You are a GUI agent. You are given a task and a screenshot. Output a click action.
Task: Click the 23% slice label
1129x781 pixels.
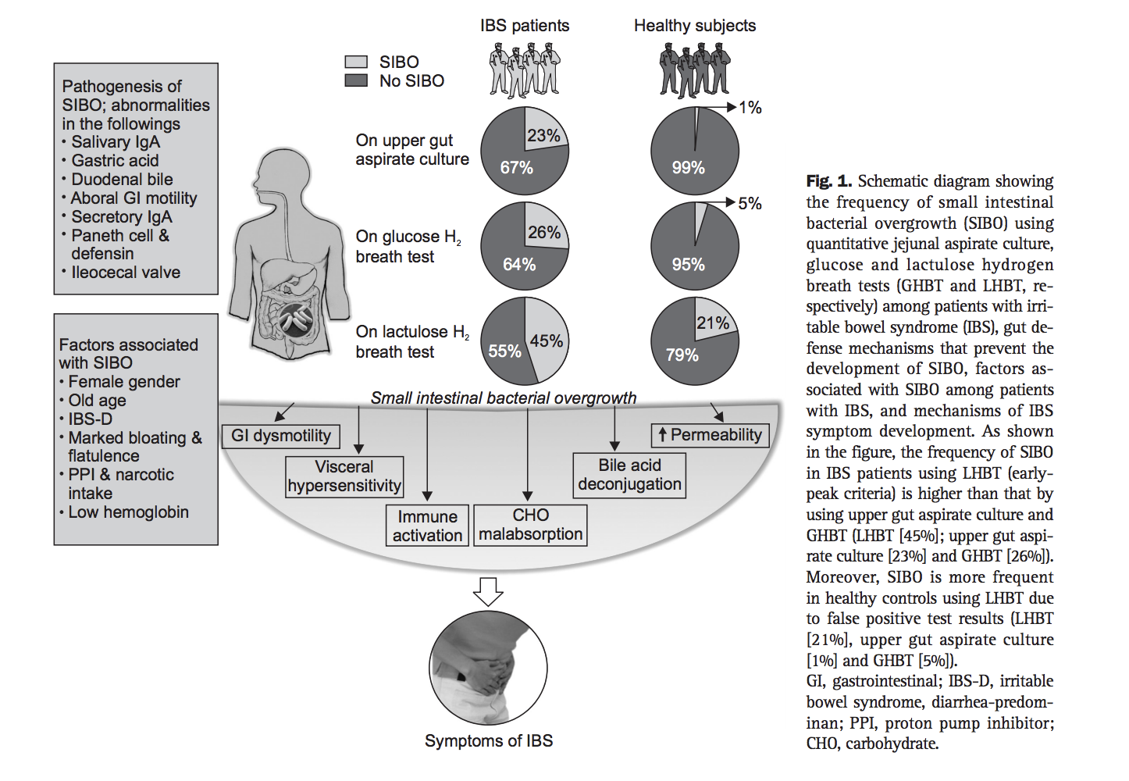tap(543, 135)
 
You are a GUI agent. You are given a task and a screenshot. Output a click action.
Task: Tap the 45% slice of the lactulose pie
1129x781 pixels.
tap(547, 341)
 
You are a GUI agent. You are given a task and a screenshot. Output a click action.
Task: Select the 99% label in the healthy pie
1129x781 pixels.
tap(688, 167)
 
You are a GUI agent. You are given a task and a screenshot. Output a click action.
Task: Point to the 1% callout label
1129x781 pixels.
tap(750, 108)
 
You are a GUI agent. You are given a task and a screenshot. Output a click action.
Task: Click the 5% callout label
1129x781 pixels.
tap(750, 204)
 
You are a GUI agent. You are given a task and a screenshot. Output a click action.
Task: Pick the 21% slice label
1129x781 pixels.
tap(713, 323)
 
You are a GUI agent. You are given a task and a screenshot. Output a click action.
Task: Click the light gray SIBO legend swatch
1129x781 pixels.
tap(356, 62)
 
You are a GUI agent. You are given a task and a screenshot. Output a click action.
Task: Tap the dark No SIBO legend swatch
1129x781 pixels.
tap(356, 80)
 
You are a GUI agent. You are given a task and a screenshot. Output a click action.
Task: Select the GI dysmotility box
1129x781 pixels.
tap(281, 436)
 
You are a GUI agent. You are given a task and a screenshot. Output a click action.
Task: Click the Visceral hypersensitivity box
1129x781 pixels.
tap(344, 476)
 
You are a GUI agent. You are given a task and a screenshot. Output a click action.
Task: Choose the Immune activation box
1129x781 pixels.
tap(427, 526)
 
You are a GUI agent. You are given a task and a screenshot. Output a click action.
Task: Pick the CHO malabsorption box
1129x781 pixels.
tap(530, 525)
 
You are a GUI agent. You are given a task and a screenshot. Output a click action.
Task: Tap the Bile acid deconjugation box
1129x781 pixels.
tap(629, 475)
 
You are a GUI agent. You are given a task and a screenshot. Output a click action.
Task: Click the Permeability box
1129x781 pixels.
tap(710, 435)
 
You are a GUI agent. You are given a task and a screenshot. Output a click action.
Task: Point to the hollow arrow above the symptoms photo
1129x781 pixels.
tap(489, 591)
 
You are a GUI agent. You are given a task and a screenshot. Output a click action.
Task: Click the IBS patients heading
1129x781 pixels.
tap(525, 26)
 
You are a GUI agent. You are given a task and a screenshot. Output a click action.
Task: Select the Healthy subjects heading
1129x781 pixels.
tap(695, 26)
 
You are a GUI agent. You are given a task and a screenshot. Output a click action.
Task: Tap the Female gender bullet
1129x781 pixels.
tap(123, 382)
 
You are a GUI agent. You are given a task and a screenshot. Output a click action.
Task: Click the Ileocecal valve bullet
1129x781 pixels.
tap(125, 273)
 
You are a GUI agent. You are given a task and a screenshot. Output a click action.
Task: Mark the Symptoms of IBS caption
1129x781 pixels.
tap(489, 740)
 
